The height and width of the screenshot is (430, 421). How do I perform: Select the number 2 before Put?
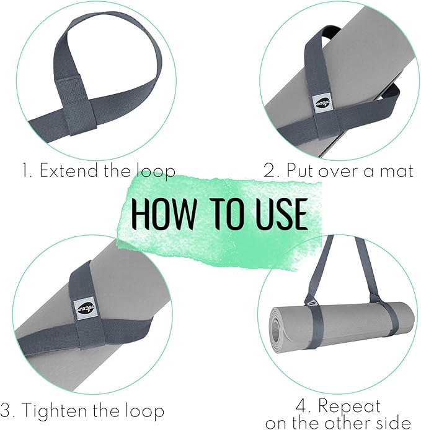click(268, 171)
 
